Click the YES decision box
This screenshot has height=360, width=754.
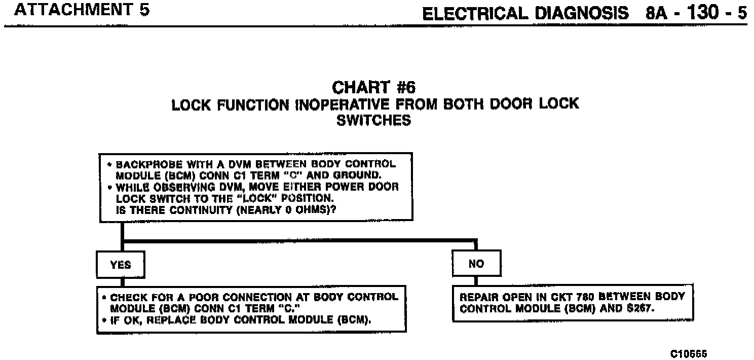pos(121,265)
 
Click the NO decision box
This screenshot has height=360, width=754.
pos(476,264)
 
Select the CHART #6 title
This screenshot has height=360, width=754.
pos(373,88)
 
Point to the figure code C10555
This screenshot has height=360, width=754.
pos(689,353)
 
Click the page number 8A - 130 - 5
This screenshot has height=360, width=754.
pos(696,12)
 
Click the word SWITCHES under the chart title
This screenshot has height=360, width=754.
pos(373,121)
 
